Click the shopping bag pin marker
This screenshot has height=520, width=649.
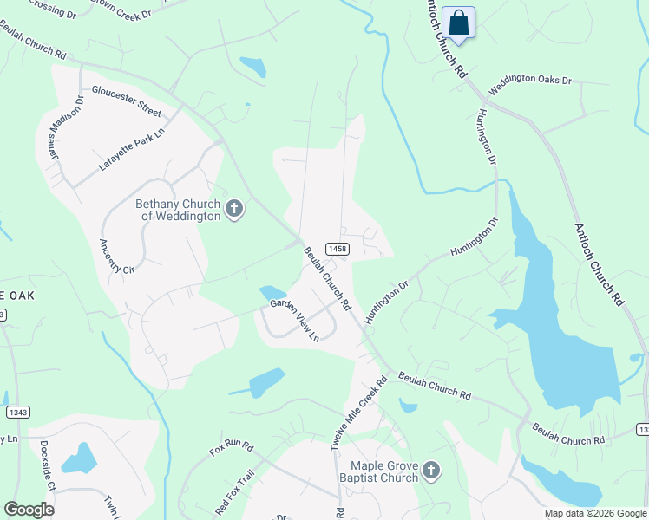[x=458, y=23]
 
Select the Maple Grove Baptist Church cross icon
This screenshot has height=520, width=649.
[x=431, y=471]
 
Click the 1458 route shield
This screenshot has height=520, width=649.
[x=338, y=249]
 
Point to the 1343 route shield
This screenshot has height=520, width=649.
[x=17, y=413]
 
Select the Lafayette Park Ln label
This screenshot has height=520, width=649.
[x=132, y=143]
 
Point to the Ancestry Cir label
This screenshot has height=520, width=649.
[x=116, y=257]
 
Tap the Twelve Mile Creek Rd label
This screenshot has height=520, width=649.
[x=357, y=413]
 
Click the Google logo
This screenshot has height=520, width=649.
[x=29, y=510]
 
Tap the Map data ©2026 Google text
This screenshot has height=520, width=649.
[x=594, y=513]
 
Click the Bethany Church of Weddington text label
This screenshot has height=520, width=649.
[x=177, y=210]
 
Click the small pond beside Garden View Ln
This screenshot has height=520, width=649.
[x=272, y=293]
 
